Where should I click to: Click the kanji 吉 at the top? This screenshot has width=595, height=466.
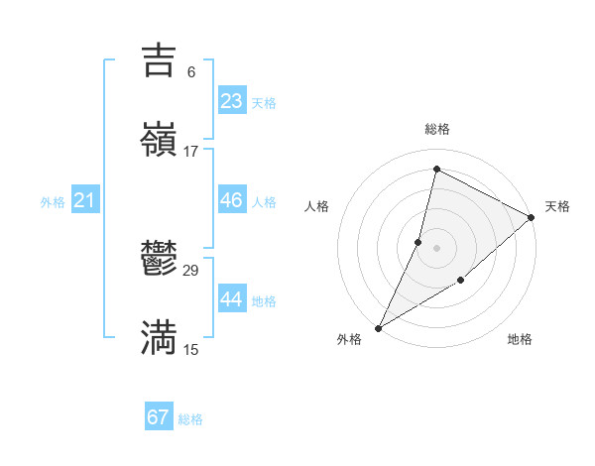[x=159, y=59]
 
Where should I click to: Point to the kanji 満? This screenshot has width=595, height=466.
[x=159, y=337]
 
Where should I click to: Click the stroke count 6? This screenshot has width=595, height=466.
[x=191, y=71]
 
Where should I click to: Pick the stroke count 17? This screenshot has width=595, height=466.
[x=191, y=151]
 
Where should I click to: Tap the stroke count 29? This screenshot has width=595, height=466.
[x=191, y=271]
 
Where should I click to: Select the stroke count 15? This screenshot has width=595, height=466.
[x=191, y=349]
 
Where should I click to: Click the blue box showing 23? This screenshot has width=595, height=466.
[x=232, y=101]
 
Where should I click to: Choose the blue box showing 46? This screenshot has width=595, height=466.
[x=232, y=200]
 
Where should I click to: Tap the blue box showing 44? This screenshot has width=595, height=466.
[x=232, y=299]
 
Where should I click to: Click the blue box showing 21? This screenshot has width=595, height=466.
[x=85, y=200]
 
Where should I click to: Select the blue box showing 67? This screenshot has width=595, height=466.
[x=159, y=417]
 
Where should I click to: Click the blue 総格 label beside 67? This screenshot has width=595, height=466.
[x=190, y=419]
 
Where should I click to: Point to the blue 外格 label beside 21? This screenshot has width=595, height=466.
[x=53, y=202]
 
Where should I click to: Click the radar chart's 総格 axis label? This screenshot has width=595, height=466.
[x=437, y=129]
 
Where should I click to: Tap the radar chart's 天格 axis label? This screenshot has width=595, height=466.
[x=558, y=206]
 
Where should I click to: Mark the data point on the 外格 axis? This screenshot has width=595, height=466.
[x=378, y=327]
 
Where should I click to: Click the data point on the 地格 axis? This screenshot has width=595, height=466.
[x=461, y=281]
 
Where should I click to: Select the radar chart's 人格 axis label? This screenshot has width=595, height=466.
[x=316, y=206]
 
